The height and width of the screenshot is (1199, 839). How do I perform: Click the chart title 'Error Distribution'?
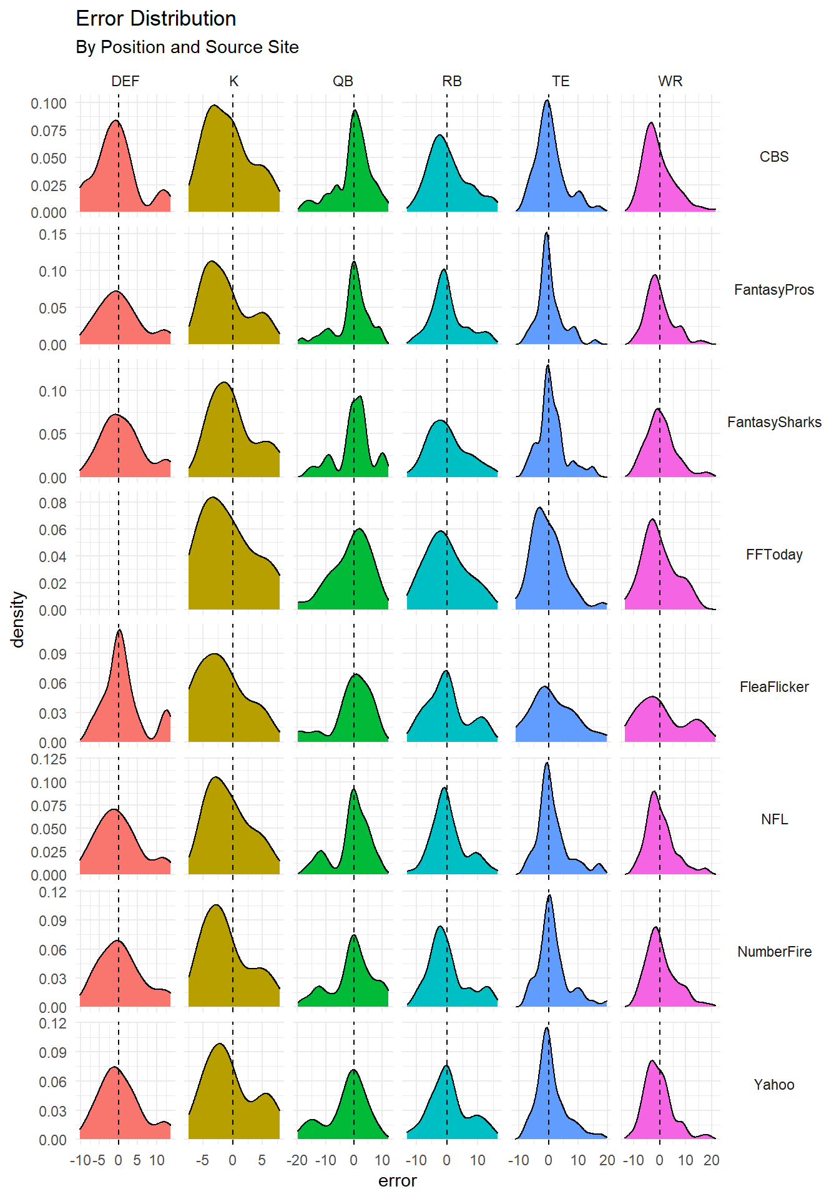click(x=155, y=19)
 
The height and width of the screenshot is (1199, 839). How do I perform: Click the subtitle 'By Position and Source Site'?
click(x=187, y=47)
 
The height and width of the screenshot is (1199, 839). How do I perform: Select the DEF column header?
click(x=125, y=81)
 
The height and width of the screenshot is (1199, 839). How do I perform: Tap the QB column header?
click(x=343, y=81)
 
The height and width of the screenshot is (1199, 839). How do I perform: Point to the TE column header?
click(x=561, y=81)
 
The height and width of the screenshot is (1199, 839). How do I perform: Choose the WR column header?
click(x=670, y=81)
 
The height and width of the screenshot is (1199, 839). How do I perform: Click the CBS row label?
click(x=773, y=157)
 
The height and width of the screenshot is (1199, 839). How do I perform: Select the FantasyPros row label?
click(x=773, y=290)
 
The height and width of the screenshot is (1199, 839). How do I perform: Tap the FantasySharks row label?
click(x=773, y=422)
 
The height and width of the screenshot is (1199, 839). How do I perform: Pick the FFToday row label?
click(x=773, y=555)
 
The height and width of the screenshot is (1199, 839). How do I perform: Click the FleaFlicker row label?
click(x=773, y=687)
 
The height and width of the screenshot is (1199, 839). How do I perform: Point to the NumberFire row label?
click(x=773, y=952)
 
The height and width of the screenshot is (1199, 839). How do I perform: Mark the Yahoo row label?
click(x=773, y=1085)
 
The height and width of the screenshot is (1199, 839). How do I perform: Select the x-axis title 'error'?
click(x=397, y=1181)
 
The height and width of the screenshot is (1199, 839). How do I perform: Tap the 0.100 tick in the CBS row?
click(x=49, y=104)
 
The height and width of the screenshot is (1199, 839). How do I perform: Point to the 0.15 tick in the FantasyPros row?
click(x=52, y=235)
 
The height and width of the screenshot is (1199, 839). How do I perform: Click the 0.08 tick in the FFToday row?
click(x=52, y=503)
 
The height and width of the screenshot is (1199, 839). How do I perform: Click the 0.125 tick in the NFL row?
click(x=49, y=759)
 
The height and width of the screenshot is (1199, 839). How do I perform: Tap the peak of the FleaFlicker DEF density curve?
click(x=119, y=631)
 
